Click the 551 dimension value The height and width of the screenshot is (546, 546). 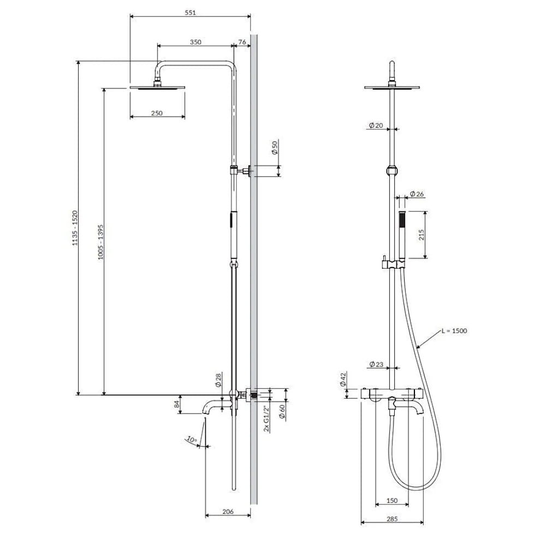point(190,13)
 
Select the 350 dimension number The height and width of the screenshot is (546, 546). point(195,42)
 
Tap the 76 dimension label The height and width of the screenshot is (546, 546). point(242,42)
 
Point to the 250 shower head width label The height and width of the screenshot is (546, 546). point(157,113)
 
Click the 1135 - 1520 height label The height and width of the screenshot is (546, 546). point(75,228)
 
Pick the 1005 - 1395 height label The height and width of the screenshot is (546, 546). point(100,242)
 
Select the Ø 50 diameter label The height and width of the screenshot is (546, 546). point(275,147)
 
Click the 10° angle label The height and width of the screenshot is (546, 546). point(192,439)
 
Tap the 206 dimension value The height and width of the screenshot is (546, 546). point(228,512)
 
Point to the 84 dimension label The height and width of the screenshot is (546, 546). point(176,404)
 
